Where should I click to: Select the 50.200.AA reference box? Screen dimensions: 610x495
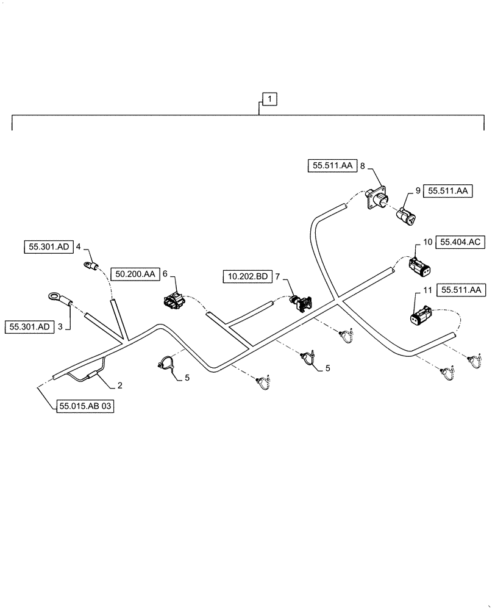coord(134,275)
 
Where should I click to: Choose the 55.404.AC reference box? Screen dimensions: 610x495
coord(460,243)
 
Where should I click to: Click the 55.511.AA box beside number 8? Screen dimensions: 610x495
coord(331,165)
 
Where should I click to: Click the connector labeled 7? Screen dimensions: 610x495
coord(301,302)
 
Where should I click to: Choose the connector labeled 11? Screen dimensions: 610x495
coord(421,317)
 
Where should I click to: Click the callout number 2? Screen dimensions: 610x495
coord(119,386)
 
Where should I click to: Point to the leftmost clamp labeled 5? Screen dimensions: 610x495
coord(163,363)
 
